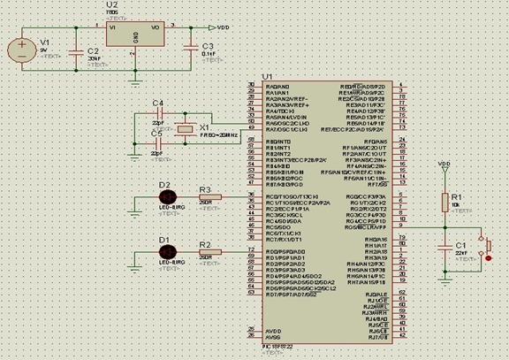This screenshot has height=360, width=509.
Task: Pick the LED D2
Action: pyautogui.click(x=164, y=196)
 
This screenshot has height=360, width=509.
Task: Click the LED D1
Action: pyautogui.click(x=164, y=250)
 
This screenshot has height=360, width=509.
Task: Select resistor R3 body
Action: pyautogui.click(x=206, y=196)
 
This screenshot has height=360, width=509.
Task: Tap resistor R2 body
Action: pyautogui.click(x=206, y=250)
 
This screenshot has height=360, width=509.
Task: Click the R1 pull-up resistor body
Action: pyautogui.click(x=444, y=202)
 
